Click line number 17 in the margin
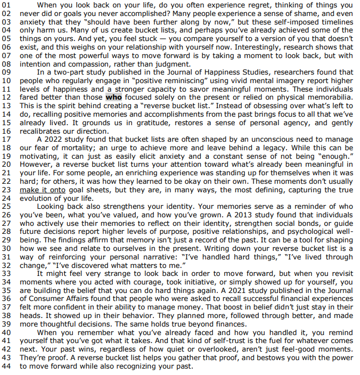click(x=6, y=140)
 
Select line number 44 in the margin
click(x=6, y=366)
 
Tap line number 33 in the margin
click(x=6, y=274)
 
